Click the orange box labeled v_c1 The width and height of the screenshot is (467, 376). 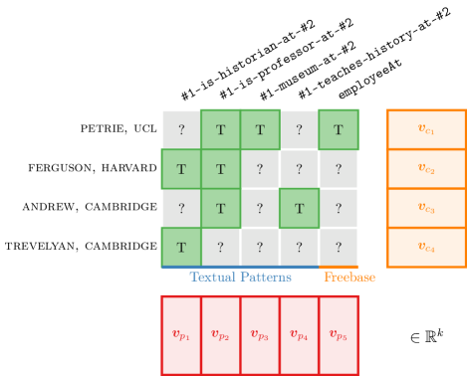coord(426,129)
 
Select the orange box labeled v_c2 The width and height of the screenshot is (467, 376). coord(426,169)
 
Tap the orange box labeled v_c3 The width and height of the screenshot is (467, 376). coord(426,208)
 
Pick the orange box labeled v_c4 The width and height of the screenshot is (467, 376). coord(426,247)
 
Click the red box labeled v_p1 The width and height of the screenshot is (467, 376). coord(181,335)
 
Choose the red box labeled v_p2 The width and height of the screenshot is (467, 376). coord(220,335)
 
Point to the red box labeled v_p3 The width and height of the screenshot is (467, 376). coord(260,335)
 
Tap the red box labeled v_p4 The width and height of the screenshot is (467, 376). coord(299,335)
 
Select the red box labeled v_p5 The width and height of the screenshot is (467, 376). coord(339,335)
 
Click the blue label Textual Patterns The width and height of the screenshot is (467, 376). coord(240,278)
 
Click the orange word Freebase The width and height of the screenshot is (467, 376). coord(350,278)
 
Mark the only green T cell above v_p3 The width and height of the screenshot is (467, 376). coord(260,129)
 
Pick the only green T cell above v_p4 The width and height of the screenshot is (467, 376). coord(299,208)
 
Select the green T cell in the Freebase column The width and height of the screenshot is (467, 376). coord(339,129)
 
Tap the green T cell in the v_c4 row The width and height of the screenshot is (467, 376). coord(181,247)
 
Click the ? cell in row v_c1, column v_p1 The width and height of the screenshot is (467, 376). coord(181,129)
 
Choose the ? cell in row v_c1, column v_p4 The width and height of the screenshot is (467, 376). coord(299,129)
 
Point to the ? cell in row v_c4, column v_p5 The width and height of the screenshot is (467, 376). coord(339,247)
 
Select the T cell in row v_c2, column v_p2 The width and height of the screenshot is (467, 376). coord(220,169)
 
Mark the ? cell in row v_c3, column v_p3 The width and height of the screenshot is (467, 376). coord(260,208)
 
